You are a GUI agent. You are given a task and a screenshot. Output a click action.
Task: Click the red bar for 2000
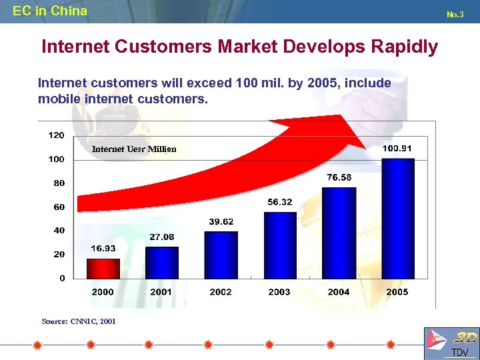[103, 268]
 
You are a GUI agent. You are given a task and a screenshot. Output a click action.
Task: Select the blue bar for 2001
[162, 262]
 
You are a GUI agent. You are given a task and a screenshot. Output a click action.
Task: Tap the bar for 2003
[280, 245]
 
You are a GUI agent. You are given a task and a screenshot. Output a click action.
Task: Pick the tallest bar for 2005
[398, 218]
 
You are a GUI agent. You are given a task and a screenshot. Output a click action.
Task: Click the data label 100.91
[397, 148]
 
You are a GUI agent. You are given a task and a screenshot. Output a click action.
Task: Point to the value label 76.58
[339, 177]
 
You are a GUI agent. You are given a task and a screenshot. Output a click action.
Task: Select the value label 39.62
[221, 221]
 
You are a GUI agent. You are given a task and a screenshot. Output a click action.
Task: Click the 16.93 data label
[103, 248]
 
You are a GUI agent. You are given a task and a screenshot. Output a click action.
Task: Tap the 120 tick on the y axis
[57, 135]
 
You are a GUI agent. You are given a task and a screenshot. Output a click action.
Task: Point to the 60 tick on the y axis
[59, 207]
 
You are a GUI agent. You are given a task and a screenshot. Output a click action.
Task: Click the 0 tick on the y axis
[62, 279]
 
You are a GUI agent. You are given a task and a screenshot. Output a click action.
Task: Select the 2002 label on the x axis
[221, 292]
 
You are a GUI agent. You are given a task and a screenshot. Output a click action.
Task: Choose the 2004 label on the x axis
[339, 292]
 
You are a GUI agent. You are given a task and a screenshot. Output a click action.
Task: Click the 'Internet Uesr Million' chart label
[134, 149]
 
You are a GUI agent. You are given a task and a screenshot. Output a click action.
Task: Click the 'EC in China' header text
[50, 11]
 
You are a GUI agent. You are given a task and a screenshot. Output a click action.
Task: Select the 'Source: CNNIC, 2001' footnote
[79, 321]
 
